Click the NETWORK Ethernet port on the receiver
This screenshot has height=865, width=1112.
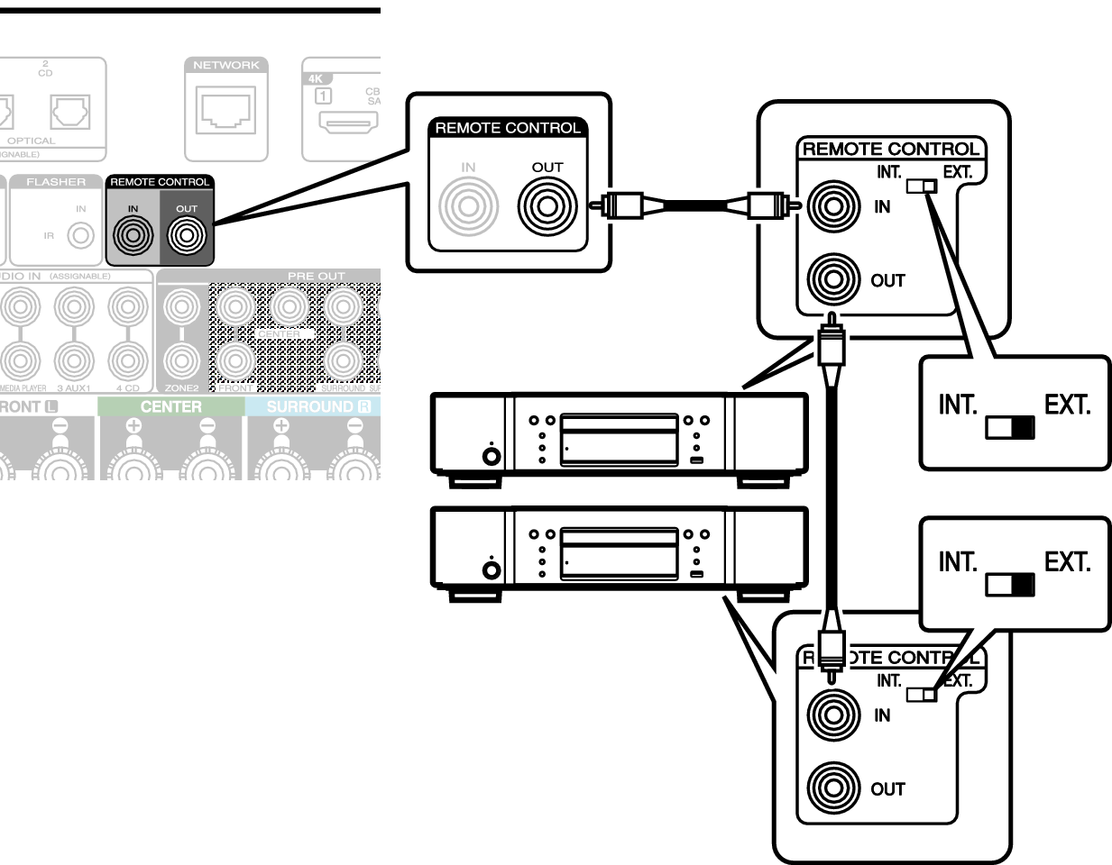(225, 112)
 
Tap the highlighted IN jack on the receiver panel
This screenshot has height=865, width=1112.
(133, 236)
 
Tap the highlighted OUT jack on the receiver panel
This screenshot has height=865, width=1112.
(186, 236)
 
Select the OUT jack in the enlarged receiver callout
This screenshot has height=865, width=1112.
(546, 206)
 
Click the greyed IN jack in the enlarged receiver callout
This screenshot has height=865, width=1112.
(468, 206)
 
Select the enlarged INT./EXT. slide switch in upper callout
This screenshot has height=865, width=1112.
(1010, 427)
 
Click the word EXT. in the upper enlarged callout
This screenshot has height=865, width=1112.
(1068, 405)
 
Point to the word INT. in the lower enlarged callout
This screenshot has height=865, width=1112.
(958, 562)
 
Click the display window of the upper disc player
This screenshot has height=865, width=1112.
(618, 440)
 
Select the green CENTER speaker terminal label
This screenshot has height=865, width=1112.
(170, 406)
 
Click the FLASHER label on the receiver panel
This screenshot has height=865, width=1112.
(56, 182)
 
